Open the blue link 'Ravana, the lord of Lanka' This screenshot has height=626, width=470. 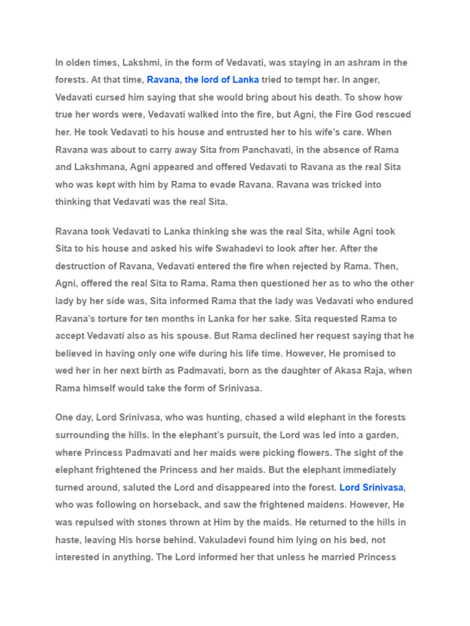pyautogui.click(x=203, y=79)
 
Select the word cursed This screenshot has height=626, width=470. pyautogui.click(x=117, y=97)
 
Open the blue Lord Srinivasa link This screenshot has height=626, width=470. pyautogui.click(x=371, y=487)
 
